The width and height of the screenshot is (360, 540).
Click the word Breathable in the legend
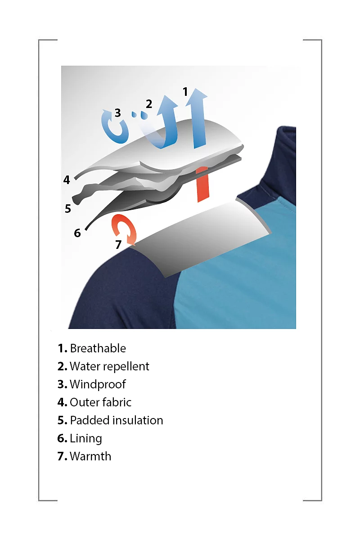(x=98, y=349)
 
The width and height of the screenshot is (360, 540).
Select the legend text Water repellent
(x=109, y=366)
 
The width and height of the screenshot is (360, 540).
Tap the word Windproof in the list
(x=98, y=384)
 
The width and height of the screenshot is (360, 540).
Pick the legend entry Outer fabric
(x=100, y=402)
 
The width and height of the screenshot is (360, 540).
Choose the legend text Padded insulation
(x=117, y=420)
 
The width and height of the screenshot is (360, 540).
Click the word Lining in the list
(x=86, y=438)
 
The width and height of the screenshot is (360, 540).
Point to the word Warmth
(x=90, y=456)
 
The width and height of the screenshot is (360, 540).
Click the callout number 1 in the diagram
(x=185, y=92)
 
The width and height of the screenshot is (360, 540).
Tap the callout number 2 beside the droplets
(x=149, y=104)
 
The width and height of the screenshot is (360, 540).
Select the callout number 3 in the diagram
(x=117, y=112)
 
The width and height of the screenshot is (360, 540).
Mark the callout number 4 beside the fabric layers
(x=67, y=180)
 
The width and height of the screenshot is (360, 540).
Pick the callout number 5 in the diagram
(x=68, y=208)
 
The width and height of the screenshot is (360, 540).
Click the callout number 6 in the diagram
(x=77, y=233)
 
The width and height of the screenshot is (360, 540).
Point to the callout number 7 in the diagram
(x=118, y=244)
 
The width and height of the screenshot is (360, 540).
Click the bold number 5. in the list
(x=62, y=420)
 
